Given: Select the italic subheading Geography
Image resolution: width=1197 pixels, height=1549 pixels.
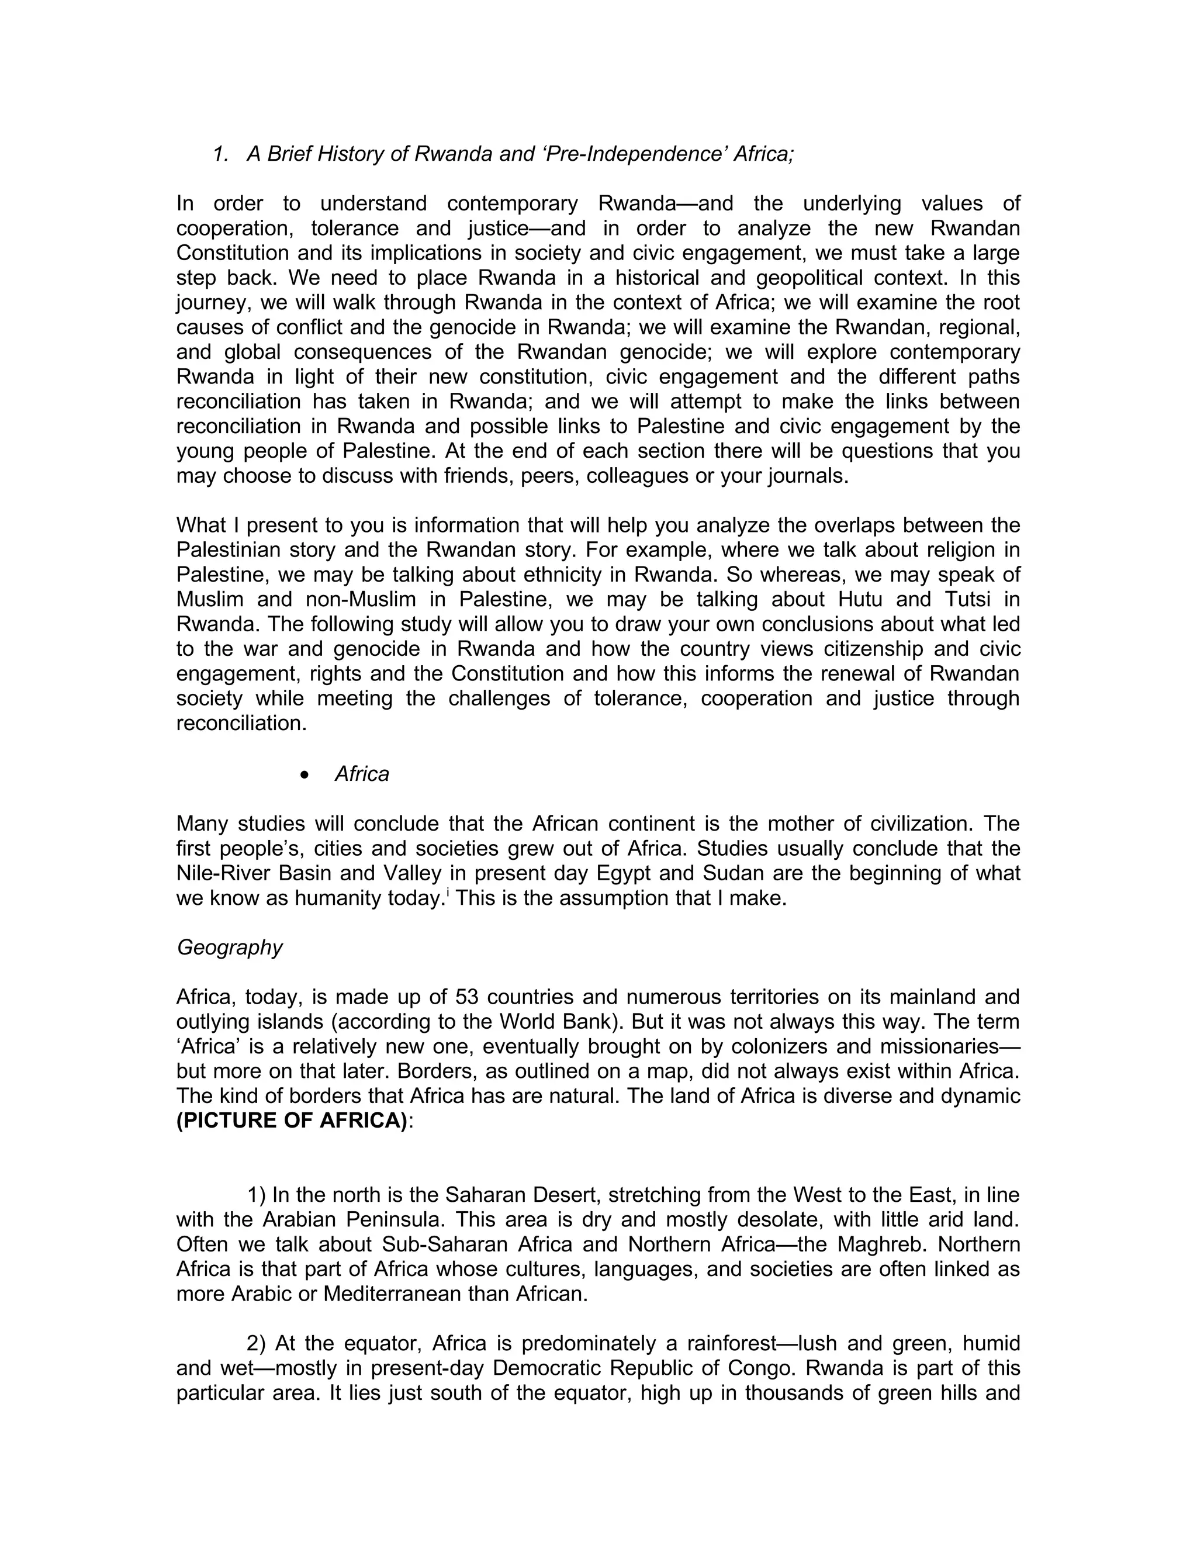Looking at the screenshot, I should point(229,948).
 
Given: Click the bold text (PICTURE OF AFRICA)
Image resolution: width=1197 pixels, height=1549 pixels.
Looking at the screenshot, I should point(292,1121).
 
